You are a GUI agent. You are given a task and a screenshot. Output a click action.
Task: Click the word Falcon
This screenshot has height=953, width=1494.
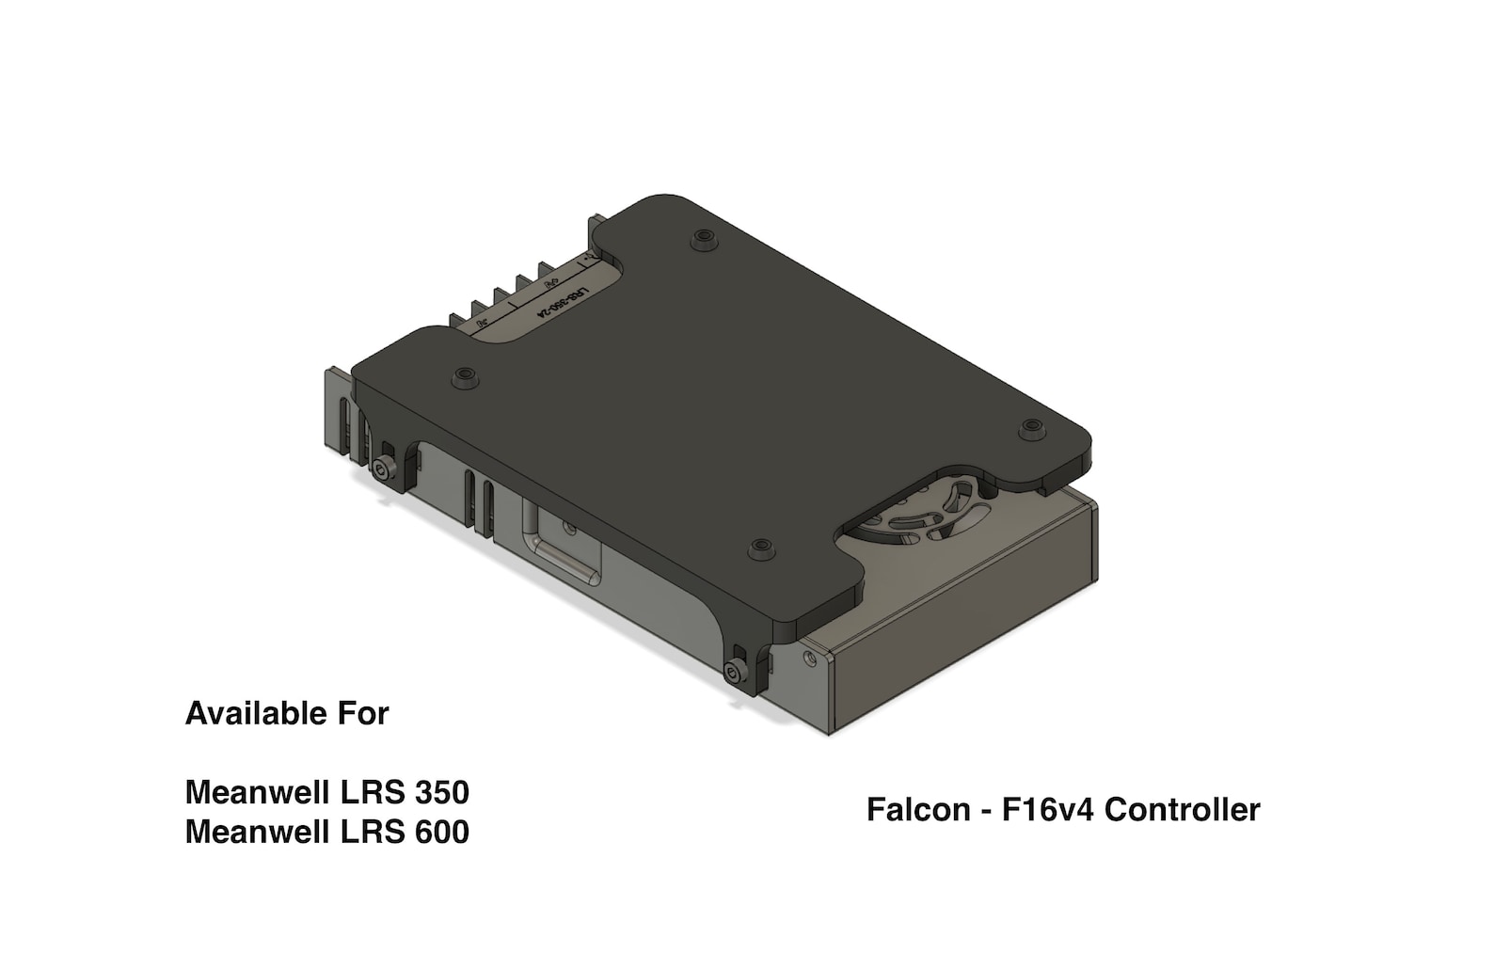pos(918,809)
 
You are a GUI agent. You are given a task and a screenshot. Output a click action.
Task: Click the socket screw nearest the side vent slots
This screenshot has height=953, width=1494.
pos(382,469)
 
